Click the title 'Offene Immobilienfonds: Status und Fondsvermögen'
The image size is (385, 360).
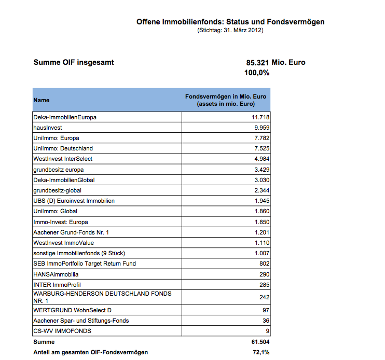(x=230, y=22)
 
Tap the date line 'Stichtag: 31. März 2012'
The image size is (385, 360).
(x=230, y=31)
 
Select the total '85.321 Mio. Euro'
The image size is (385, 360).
(x=276, y=63)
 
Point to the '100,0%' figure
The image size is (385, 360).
(x=256, y=73)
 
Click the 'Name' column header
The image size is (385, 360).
(x=42, y=100)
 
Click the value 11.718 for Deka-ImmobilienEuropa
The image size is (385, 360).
(x=260, y=117)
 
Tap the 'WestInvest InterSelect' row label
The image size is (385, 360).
(x=63, y=159)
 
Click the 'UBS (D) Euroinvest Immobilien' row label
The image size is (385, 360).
(x=74, y=201)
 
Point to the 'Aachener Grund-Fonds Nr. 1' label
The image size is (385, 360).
(x=71, y=232)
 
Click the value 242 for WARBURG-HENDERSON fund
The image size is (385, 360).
(x=264, y=297)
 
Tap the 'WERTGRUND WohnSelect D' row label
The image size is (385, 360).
(x=65, y=310)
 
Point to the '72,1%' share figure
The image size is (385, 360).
(x=260, y=353)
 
